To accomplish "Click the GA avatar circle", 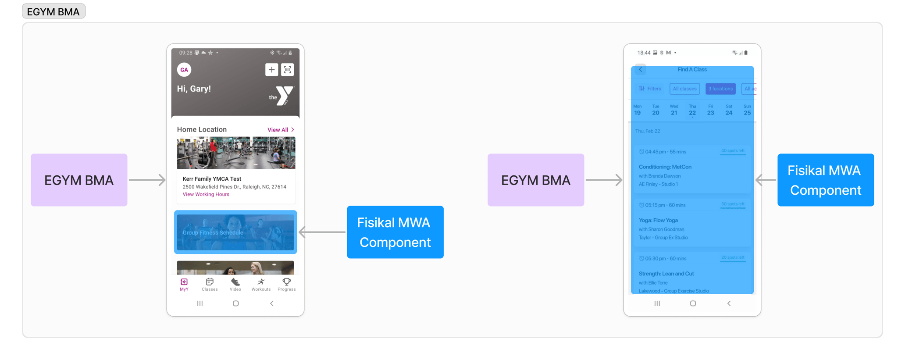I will (184, 70).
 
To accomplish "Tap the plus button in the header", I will (271, 70).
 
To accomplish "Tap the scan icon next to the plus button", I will (287, 70).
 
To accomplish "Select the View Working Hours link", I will (206, 194).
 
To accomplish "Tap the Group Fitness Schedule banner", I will (235, 232).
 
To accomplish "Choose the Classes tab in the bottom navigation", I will (210, 285).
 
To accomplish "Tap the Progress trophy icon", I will (287, 282).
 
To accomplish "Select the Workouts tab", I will (261, 285).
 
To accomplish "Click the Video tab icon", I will (235, 282).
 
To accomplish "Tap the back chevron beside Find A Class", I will (641, 70).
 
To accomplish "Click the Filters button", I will (650, 89).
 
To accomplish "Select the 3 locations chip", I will (720, 89).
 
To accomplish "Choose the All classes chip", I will (684, 89).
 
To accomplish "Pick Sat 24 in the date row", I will (729, 110).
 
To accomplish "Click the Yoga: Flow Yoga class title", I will (658, 220).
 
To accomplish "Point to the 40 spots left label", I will (733, 151).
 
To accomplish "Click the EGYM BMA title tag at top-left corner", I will (53, 12).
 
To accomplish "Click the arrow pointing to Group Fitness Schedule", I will (322, 232).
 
